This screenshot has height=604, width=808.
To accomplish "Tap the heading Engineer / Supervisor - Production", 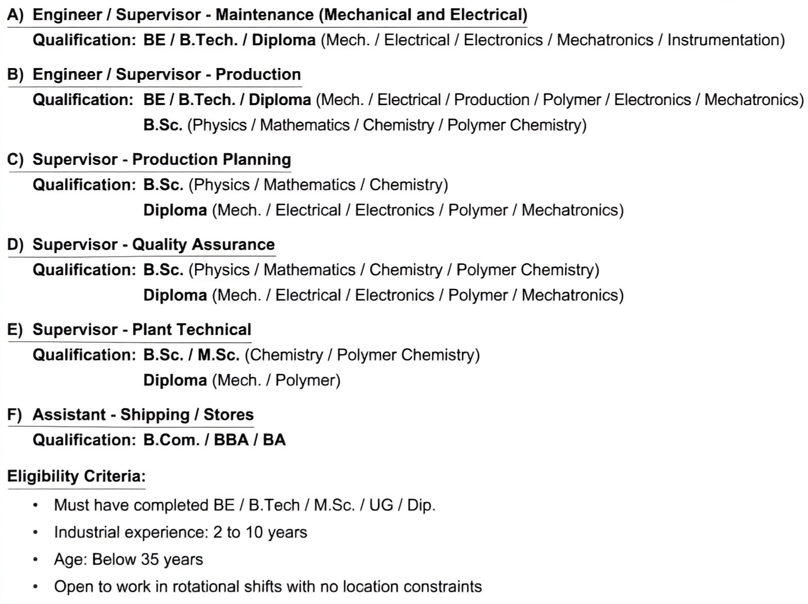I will (x=166, y=74).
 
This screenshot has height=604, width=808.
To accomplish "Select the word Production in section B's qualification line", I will (x=492, y=99).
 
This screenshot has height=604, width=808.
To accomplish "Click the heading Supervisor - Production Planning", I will (x=161, y=159).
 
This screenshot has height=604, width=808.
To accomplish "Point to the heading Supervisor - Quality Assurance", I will (x=154, y=244).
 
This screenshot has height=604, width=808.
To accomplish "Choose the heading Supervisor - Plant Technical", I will (x=142, y=329).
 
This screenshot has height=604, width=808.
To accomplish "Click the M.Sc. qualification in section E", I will (x=218, y=355).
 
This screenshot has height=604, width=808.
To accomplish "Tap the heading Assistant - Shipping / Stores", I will (x=143, y=414).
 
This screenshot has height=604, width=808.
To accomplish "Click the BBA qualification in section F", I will (x=231, y=440).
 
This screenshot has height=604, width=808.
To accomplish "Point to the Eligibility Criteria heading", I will (x=76, y=476).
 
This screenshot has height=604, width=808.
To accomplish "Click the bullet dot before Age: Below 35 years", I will (x=35, y=559).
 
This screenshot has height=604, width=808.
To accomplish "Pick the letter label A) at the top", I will (x=15, y=15).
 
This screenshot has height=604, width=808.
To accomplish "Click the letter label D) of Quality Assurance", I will (x=15, y=244).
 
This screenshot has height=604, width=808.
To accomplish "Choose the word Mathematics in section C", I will (x=309, y=184).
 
